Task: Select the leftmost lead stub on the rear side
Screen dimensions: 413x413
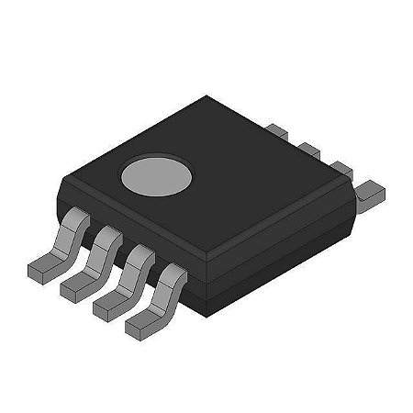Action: (x=281, y=134)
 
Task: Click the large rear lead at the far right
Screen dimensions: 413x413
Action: (x=369, y=193)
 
